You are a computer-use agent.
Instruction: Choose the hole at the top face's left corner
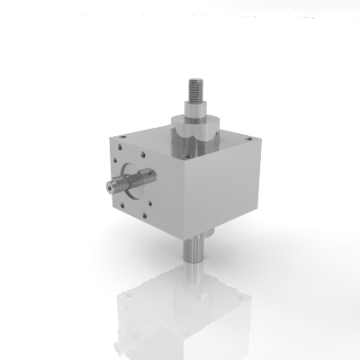click(x=120, y=133)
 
